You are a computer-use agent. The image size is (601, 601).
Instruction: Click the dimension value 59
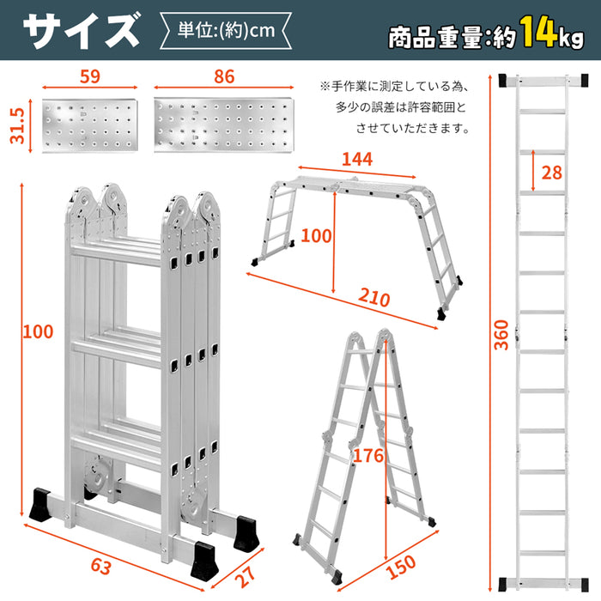(x=88, y=76)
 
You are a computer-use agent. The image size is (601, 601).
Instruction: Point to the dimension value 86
(x=224, y=76)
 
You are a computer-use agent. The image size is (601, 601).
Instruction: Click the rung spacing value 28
(x=551, y=173)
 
